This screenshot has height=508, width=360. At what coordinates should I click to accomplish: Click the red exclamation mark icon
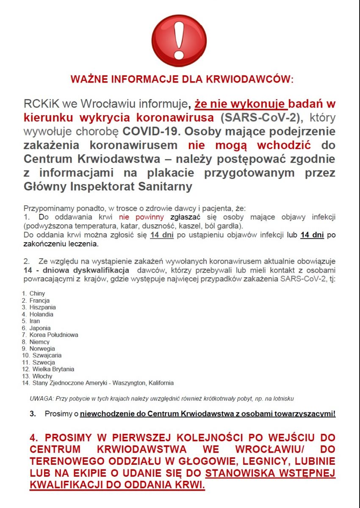(179, 41)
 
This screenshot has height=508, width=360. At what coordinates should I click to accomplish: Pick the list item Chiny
(37, 293)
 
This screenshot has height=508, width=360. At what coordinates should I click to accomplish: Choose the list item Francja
(39, 301)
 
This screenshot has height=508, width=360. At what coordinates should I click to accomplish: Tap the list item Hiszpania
(42, 307)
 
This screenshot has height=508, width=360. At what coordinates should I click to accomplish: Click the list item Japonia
(40, 328)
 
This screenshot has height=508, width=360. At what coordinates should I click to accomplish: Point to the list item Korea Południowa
(53, 335)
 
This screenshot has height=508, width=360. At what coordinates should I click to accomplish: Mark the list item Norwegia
(42, 349)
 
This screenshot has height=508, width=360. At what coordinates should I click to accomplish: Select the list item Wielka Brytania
(53, 369)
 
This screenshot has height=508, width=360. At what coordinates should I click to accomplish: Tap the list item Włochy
(42, 376)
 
